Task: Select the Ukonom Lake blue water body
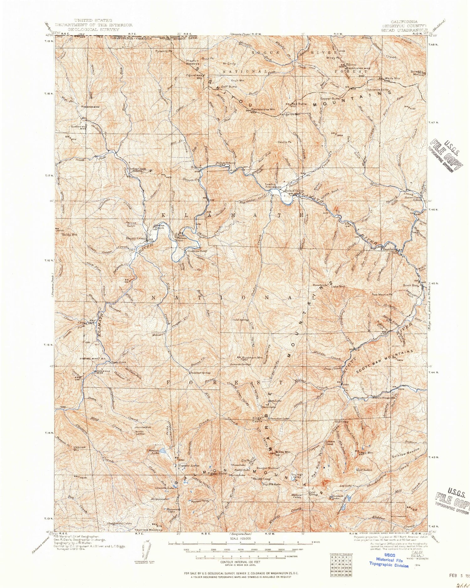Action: (163, 451)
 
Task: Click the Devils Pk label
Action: (285, 142)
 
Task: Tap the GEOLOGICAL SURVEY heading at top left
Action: (93, 29)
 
